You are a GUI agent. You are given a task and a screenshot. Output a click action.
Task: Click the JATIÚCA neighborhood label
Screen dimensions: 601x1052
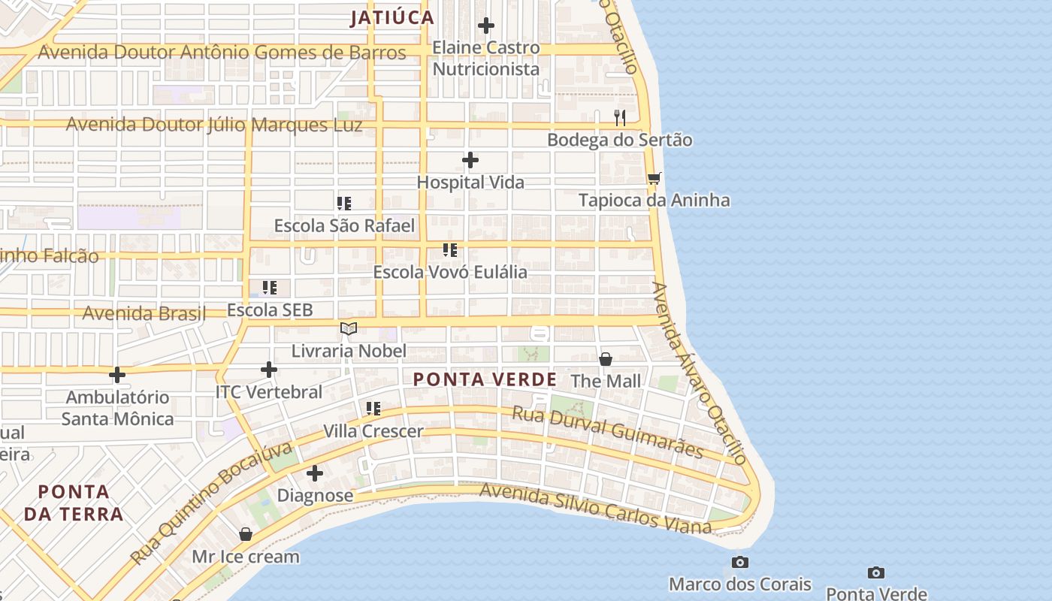(x=391, y=18)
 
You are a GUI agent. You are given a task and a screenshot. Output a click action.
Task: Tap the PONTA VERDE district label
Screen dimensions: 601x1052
(x=485, y=379)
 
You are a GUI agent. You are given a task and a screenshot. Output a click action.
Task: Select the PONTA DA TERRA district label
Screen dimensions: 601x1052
(x=74, y=503)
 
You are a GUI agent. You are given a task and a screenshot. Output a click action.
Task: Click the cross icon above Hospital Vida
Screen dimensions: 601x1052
(x=470, y=160)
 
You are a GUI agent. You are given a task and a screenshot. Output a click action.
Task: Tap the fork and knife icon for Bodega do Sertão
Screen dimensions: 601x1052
(x=620, y=118)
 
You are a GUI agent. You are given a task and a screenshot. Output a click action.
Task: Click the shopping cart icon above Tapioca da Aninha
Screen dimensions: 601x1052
(x=654, y=178)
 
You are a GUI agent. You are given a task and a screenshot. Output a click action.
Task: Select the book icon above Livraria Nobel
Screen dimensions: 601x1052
(x=349, y=328)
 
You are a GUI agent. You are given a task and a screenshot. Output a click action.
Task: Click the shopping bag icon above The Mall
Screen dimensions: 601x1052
(x=606, y=359)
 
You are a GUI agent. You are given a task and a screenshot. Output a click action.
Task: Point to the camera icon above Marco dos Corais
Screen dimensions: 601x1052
(x=740, y=562)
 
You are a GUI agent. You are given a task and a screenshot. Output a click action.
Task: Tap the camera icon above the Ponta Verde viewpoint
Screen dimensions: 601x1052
(x=875, y=572)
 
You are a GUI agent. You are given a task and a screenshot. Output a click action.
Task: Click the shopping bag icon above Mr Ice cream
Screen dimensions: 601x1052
(x=246, y=534)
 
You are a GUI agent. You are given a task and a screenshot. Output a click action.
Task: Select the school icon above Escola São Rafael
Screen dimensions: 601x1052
(x=344, y=204)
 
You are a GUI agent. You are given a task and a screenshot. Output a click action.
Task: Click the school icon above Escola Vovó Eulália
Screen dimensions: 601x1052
(x=450, y=250)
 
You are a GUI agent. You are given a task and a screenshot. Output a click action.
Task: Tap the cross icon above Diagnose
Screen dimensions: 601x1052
(x=315, y=473)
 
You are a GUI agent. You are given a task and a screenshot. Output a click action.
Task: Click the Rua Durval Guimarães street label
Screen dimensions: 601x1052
(x=607, y=433)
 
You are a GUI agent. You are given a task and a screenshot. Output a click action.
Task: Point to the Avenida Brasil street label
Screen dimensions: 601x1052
(x=144, y=313)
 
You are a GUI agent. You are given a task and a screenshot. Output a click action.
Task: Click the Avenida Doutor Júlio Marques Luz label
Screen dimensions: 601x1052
(x=214, y=125)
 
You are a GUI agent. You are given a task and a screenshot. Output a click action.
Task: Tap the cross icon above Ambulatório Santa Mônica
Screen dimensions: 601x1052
(x=117, y=374)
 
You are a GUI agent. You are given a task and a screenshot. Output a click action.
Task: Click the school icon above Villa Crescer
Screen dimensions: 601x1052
(x=373, y=409)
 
